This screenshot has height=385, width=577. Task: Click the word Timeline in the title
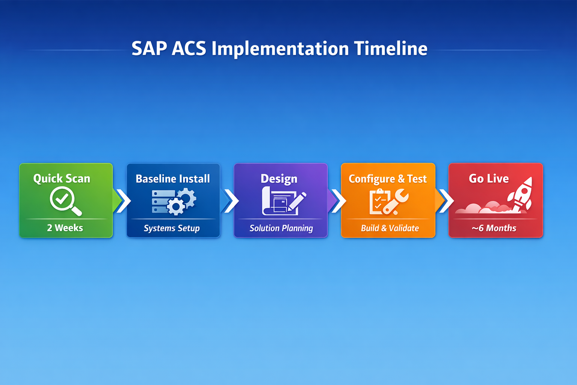[391, 49]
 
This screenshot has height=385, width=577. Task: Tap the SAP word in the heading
[149, 49]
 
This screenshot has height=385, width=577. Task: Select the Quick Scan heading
[62, 178]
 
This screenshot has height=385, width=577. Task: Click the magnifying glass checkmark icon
[65, 201]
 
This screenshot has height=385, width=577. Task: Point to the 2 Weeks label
[65, 228]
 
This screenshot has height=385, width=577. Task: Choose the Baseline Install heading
[173, 179]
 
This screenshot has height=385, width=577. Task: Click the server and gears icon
[174, 202]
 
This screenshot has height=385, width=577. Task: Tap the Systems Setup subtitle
[172, 228]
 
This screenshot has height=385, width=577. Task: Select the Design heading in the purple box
[279, 179]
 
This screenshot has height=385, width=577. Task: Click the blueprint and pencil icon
[283, 202]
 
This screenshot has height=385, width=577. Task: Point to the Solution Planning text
[281, 228]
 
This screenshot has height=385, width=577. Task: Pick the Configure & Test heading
[388, 179]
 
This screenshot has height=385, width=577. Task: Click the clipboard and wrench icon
[388, 202]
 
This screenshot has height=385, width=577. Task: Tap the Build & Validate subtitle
[390, 228]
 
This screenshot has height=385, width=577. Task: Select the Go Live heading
[489, 178]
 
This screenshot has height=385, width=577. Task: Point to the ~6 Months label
[494, 228]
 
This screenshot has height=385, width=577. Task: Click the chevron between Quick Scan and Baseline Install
[123, 201]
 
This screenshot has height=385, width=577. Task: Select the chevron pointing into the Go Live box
[446, 201]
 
